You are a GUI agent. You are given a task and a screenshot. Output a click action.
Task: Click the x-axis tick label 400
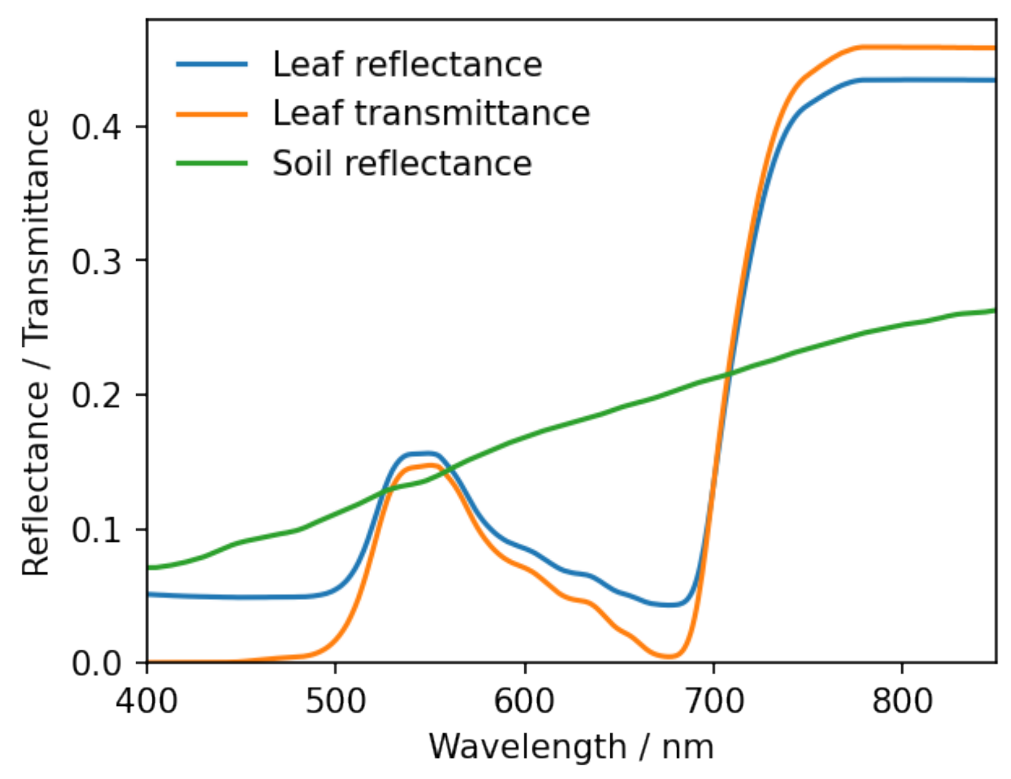(147, 701)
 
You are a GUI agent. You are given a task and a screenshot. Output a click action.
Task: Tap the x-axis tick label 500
(336, 701)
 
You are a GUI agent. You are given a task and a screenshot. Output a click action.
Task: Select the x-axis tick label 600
(525, 701)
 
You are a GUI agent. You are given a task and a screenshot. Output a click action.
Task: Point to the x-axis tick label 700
(713, 701)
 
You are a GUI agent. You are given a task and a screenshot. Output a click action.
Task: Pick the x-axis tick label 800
(902, 701)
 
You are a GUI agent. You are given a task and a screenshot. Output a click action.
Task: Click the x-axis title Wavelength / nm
(571, 747)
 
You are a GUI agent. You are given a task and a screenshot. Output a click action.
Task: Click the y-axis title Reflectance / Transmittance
(36, 342)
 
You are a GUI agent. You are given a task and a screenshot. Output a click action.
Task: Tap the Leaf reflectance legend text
(407, 65)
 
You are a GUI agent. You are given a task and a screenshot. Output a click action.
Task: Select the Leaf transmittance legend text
(431, 114)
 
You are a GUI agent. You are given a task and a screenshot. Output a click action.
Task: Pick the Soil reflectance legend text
(402, 164)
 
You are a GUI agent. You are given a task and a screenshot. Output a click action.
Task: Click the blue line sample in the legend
(212, 64)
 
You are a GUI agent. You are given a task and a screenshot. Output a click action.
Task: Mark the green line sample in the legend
(212, 164)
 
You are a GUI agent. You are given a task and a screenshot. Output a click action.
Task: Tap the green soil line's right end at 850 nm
(994, 311)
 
